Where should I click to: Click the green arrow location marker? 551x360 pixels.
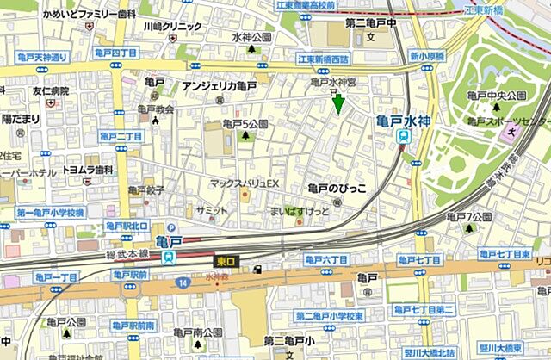pos(338,104)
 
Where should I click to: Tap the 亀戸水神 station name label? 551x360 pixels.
pos(403,121)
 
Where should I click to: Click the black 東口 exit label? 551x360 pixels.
pos(226,258)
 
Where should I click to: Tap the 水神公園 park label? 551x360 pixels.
pos(251,38)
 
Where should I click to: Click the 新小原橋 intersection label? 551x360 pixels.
pos(427,56)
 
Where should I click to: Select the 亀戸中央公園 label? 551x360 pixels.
pos(495,96)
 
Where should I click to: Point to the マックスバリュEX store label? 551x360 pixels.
pos(246,183)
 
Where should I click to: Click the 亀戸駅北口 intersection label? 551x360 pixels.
pos(127,226)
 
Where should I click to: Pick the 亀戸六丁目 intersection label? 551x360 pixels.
pos(326,259)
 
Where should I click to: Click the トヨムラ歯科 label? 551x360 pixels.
pos(88,171)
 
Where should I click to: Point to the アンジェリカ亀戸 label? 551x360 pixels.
pos(219,86)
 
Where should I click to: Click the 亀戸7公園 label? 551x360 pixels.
pos(477,216)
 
